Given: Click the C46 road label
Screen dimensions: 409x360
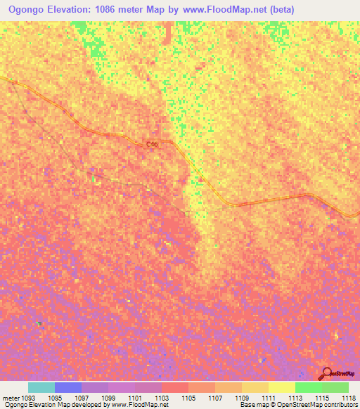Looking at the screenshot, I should (152, 144).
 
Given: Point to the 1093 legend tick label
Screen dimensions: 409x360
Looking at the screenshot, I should (28, 398).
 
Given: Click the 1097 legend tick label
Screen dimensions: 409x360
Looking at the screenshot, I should (82, 398).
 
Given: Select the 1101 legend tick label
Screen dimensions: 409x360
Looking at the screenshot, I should (135, 398).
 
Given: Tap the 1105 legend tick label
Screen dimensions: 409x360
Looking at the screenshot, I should (188, 398).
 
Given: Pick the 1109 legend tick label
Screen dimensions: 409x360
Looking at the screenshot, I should (242, 398).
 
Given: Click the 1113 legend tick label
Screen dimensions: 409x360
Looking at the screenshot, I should (295, 398).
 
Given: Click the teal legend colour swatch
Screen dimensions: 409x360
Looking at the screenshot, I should (41, 387).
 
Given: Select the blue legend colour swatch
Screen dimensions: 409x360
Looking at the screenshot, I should (68, 387).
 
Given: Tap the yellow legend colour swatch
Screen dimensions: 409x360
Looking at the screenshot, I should (282, 387).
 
